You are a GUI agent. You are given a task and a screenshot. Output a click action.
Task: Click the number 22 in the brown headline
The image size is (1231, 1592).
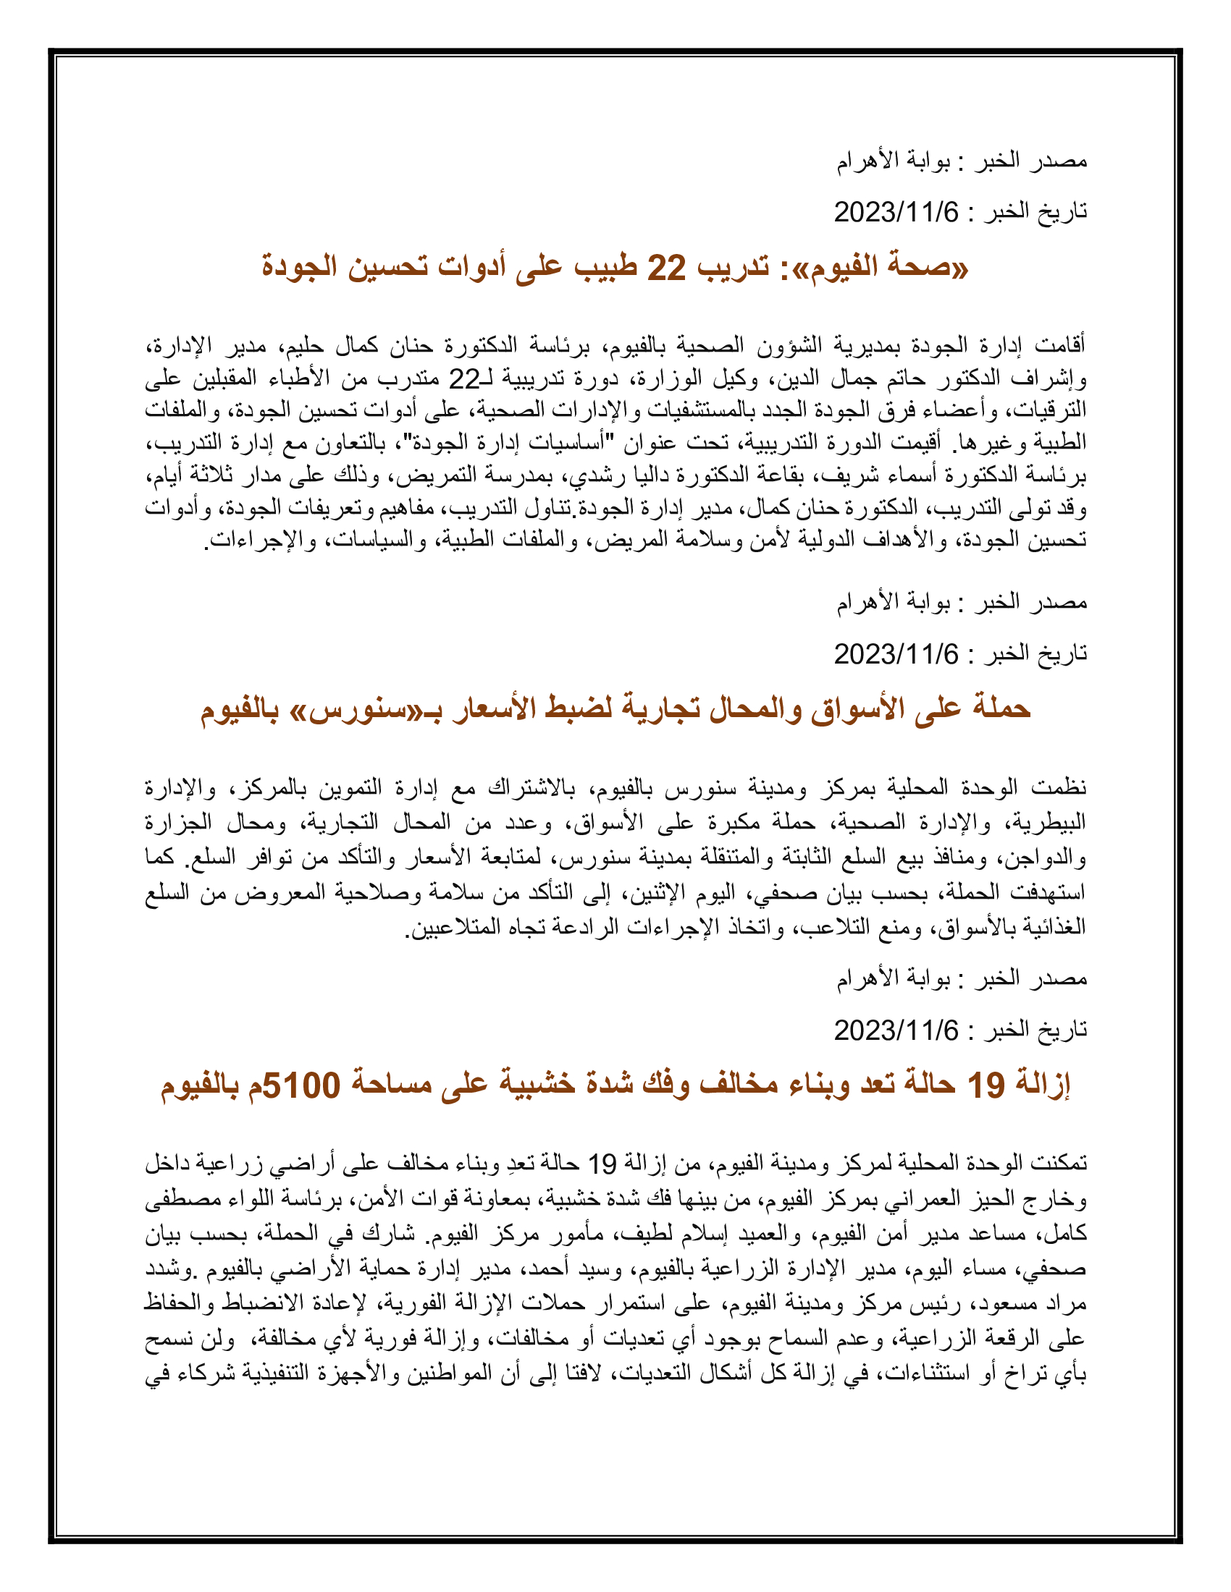coord(666,268)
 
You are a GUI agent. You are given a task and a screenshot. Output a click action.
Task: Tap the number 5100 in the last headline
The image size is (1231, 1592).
coord(301,1085)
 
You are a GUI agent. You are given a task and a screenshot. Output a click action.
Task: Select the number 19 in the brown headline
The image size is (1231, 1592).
coord(986,1085)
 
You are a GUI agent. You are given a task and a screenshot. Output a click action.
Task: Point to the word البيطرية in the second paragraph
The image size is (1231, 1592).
coord(1049,823)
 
